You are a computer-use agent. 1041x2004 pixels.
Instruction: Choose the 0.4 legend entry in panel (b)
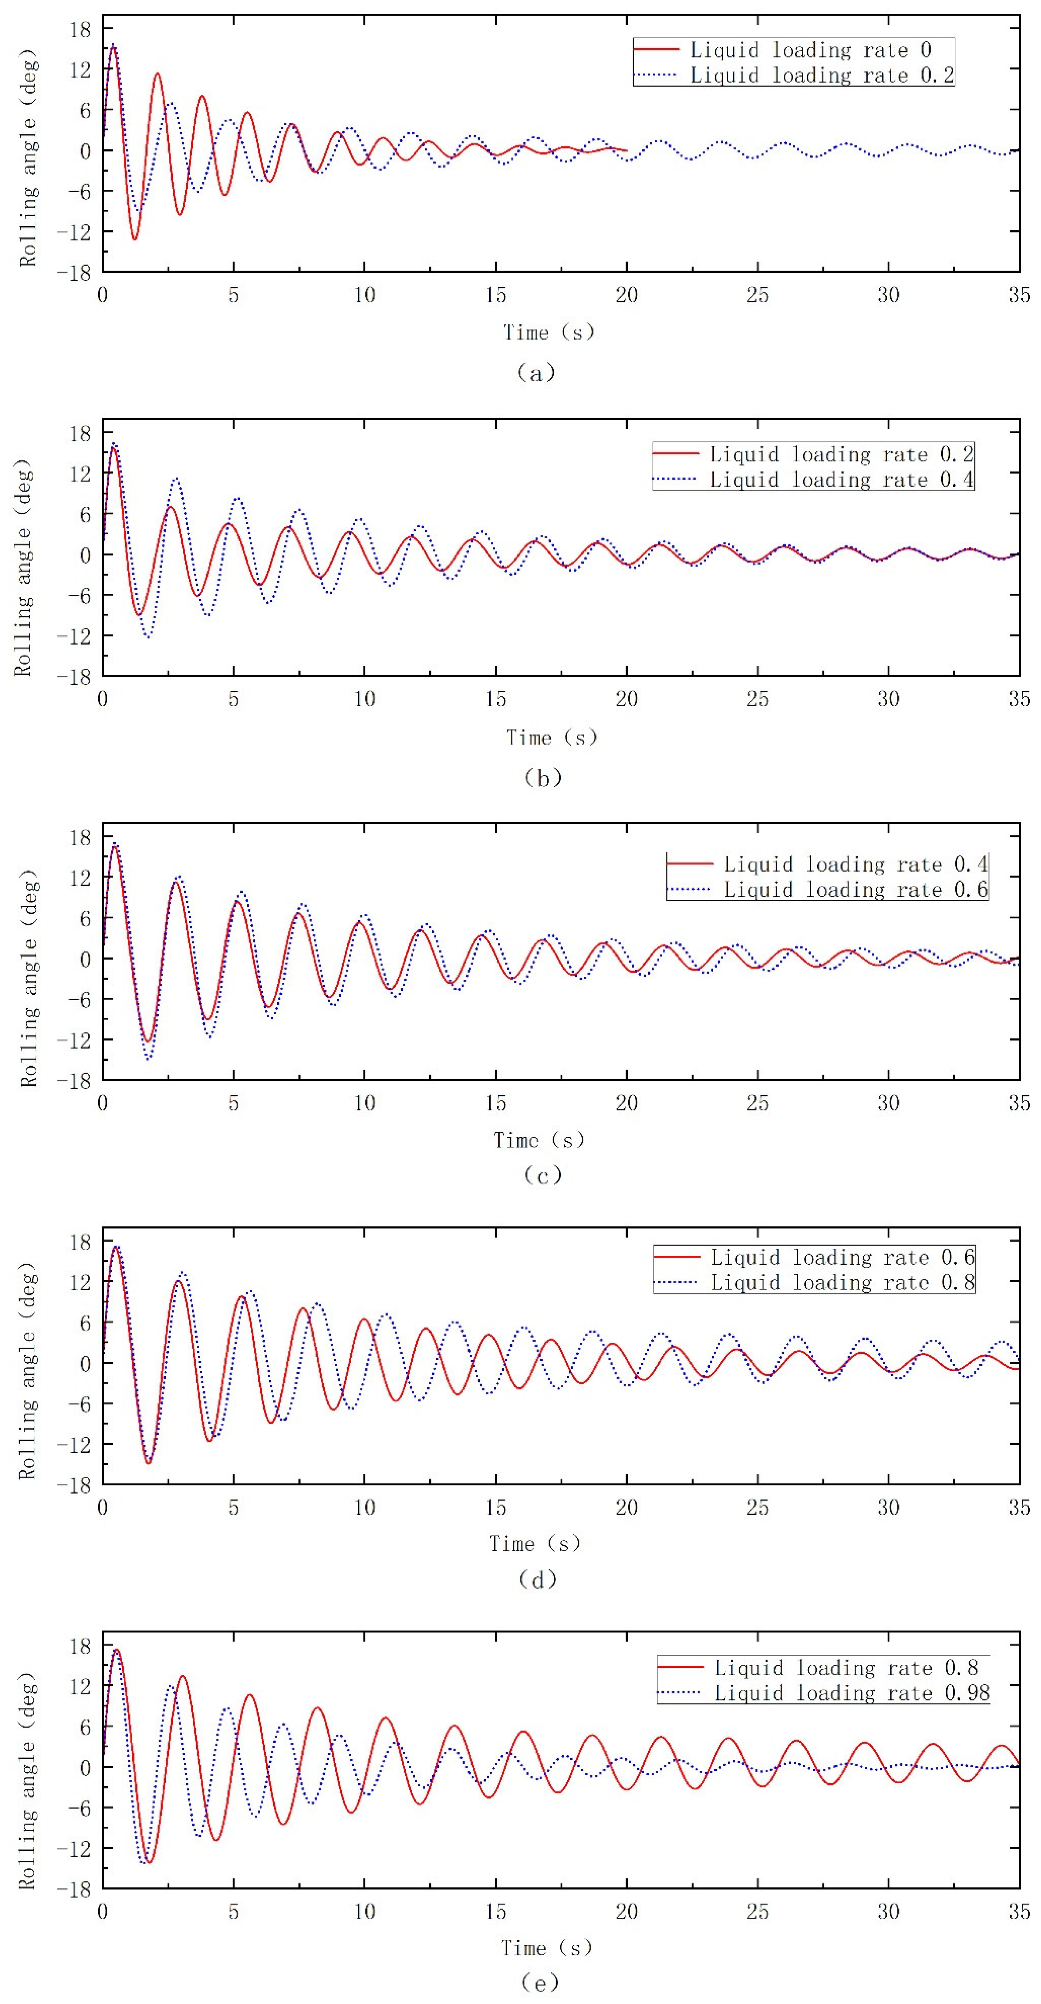pos(840,479)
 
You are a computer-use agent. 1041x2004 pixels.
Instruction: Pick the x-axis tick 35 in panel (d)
pos(1018,1508)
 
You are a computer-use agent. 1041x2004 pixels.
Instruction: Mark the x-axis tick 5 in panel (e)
pos(233,1911)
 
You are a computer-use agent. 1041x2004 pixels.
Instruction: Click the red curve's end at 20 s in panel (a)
pos(626,150)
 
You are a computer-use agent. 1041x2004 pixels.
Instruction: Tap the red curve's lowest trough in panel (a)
pos(135,239)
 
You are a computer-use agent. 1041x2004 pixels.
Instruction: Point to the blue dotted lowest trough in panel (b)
pos(147,637)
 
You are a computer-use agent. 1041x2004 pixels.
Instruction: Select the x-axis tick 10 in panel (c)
pos(364,1103)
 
